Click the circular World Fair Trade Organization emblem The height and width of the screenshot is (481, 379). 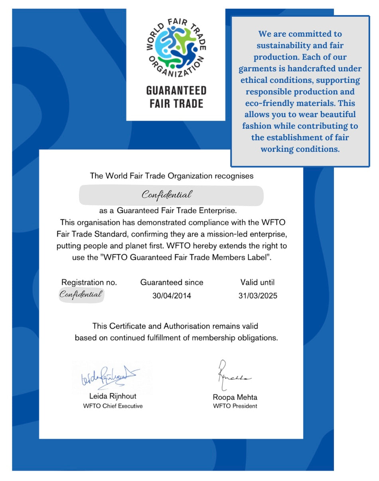(x=176, y=50)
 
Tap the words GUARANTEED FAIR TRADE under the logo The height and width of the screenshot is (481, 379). (x=176, y=97)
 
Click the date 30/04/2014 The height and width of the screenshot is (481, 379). (x=172, y=296)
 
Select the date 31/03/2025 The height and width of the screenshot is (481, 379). (x=258, y=296)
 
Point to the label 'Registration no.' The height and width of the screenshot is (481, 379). (x=89, y=283)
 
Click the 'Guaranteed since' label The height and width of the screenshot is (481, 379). (x=172, y=283)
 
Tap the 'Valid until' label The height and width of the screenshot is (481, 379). (x=257, y=283)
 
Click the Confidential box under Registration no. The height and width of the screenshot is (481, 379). (x=81, y=294)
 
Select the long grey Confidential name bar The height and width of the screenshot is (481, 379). (x=171, y=195)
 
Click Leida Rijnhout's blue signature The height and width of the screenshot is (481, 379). (x=109, y=376)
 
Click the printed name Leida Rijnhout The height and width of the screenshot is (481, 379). (x=113, y=397)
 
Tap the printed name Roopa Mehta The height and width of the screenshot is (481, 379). (x=235, y=397)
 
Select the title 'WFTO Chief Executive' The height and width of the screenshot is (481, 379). (x=113, y=406)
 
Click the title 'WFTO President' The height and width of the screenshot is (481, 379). (x=235, y=406)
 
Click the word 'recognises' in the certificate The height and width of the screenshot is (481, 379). (x=234, y=176)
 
